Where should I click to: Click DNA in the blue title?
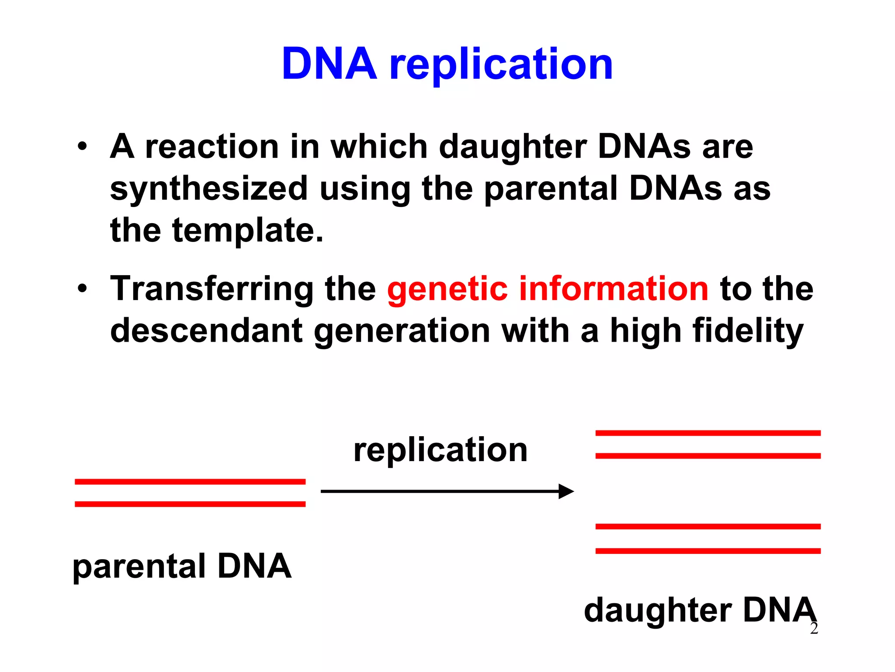(x=330, y=64)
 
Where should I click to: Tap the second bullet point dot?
(x=82, y=289)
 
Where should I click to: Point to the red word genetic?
(x=447, y=290)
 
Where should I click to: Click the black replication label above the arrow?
(x=441, y=451)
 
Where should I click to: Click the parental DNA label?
(x=182, y=567)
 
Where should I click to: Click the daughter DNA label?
(x=699, y=610)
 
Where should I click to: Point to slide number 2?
(x=814, y=629)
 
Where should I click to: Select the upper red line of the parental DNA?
(x=190, y=481)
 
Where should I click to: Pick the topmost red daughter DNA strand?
(x=708, y=433)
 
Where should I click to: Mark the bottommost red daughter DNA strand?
(x=708, y=551)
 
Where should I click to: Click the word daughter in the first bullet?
(x=513, y=147)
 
